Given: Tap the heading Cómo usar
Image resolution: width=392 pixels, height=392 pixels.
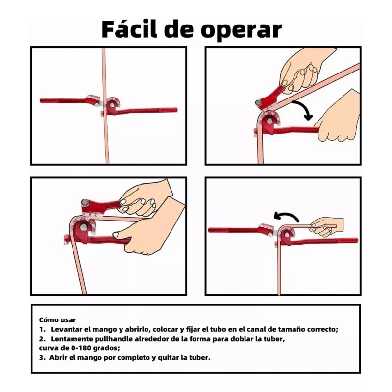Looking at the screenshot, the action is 57,320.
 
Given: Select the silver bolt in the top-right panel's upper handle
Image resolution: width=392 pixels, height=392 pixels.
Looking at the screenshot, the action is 258,102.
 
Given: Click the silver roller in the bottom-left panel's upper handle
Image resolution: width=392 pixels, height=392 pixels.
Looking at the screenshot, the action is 85,202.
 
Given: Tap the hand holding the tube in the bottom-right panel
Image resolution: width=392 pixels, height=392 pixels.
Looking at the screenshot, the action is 325,226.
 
